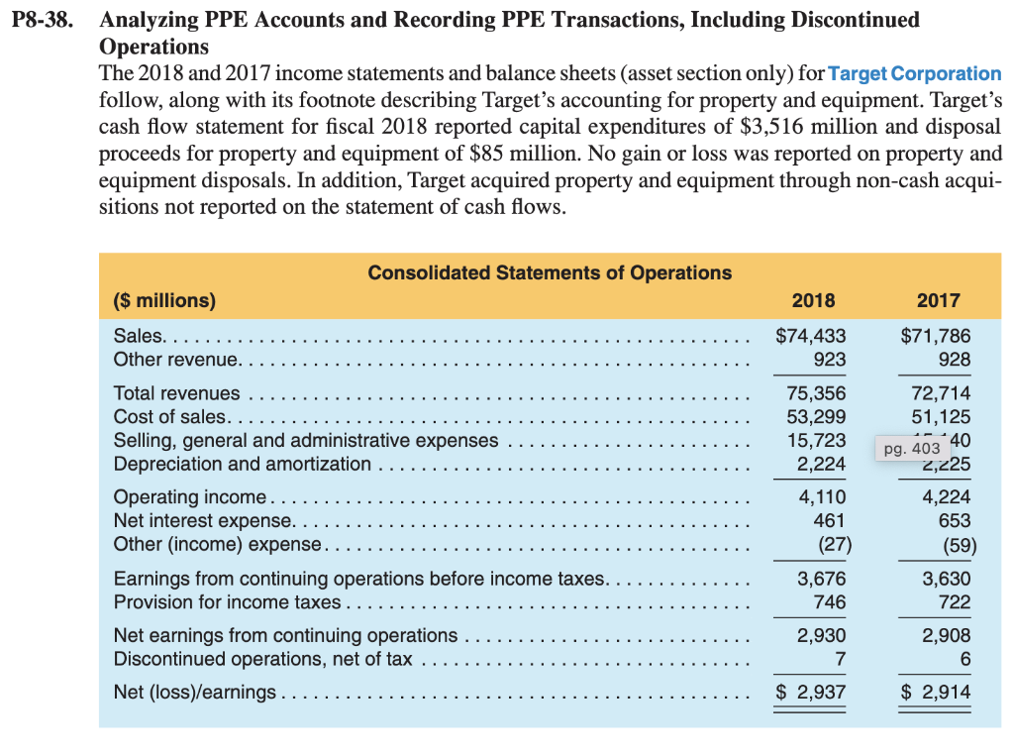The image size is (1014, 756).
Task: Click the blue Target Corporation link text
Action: (x=913, y=74)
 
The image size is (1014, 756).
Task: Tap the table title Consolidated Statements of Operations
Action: (x=550, y=272)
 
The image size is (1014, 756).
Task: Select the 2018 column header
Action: (x=813, y=300)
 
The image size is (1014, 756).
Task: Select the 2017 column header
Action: (x=938, y=300)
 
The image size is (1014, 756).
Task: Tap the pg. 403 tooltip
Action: (x=911, y=449)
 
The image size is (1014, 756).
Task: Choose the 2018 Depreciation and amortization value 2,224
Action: (x=822, y=463)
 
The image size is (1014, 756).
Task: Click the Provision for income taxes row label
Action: (x=227, y=602)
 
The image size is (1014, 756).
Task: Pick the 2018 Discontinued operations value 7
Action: (x=840, y=658)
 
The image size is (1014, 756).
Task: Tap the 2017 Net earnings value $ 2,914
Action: (x=935, y=692)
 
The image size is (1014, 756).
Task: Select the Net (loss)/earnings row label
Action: (x=195, y=692)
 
